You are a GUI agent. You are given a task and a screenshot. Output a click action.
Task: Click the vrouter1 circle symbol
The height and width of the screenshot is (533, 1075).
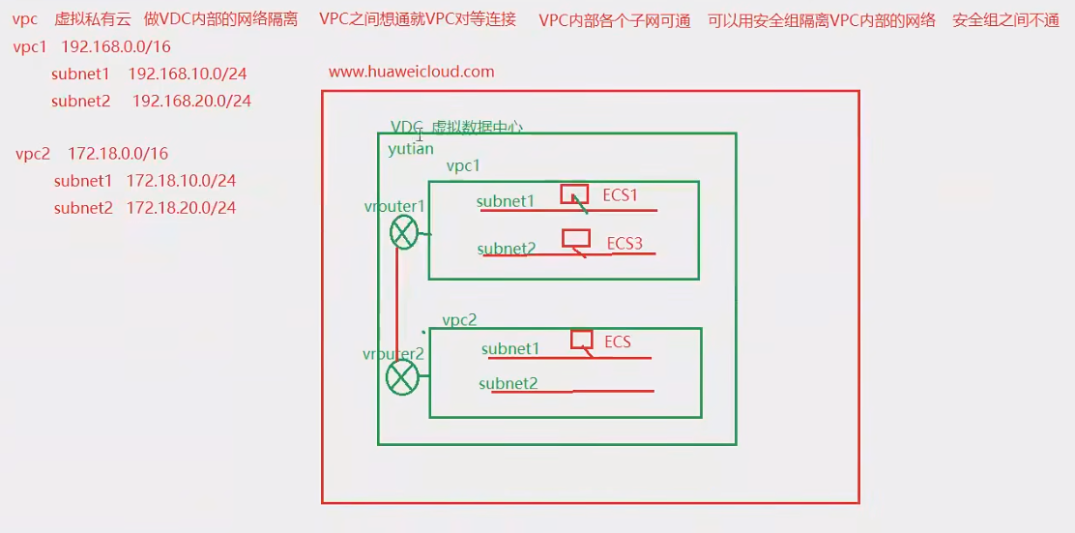click(x=404, y=233)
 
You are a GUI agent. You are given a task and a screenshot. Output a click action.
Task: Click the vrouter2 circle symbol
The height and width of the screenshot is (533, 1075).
click(x=402, y=378)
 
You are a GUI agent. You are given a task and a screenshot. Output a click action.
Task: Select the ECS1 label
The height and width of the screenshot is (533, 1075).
click(x=621, y=195)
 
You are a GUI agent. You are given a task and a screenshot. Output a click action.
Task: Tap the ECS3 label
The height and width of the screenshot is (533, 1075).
click(x=625, y=243)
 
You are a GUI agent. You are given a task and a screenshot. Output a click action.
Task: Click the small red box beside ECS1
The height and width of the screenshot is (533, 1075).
click(x=574, y=193)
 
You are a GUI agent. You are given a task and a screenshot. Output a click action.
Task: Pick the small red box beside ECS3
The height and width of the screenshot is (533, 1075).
click(x=576, y=238)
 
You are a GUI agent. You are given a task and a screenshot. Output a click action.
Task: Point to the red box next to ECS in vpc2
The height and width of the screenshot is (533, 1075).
click(x=581, y=339)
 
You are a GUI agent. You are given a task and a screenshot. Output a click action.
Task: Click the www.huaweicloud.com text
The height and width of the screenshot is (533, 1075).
click(x=412, y=72)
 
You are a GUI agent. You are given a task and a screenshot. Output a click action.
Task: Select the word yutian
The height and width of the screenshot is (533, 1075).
click(x=411, y=149)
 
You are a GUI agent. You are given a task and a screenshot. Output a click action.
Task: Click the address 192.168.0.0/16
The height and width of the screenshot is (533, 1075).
click(x=116, y=46)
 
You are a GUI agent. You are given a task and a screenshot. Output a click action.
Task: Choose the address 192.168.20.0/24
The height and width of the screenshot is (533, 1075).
click(x=191, y=101)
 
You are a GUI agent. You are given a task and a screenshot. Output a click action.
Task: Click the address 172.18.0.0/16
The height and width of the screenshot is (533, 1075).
click(x=119, y=154)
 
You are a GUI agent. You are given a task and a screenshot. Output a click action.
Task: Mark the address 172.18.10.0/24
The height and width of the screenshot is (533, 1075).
click(x=181, y=181)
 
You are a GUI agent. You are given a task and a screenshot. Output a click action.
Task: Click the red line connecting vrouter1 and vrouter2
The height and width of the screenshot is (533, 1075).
click(x=397, y=305)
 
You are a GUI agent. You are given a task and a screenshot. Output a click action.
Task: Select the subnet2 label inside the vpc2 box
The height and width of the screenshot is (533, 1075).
click(x=508, y=384)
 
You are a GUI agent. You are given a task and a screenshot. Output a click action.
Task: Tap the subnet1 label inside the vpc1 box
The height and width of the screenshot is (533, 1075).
click(x=506, y=201)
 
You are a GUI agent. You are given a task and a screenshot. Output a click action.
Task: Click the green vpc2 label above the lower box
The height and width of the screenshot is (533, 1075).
click(x=459, y=320)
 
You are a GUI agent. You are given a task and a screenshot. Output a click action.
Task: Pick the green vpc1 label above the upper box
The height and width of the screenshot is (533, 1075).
click(x=463, y=166)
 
